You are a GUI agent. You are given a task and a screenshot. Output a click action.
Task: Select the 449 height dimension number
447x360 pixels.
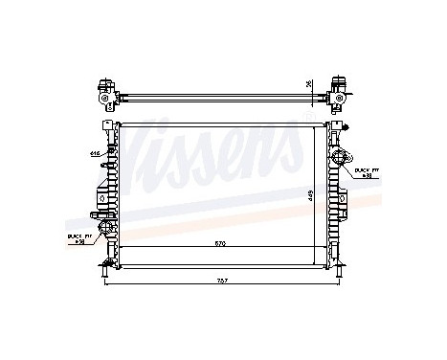click(x=311, y=194)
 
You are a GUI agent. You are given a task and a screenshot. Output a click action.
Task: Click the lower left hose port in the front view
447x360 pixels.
click(x=101, y=227)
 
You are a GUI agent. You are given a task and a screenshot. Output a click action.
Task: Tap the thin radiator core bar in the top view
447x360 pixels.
click(x=220, y=96)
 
